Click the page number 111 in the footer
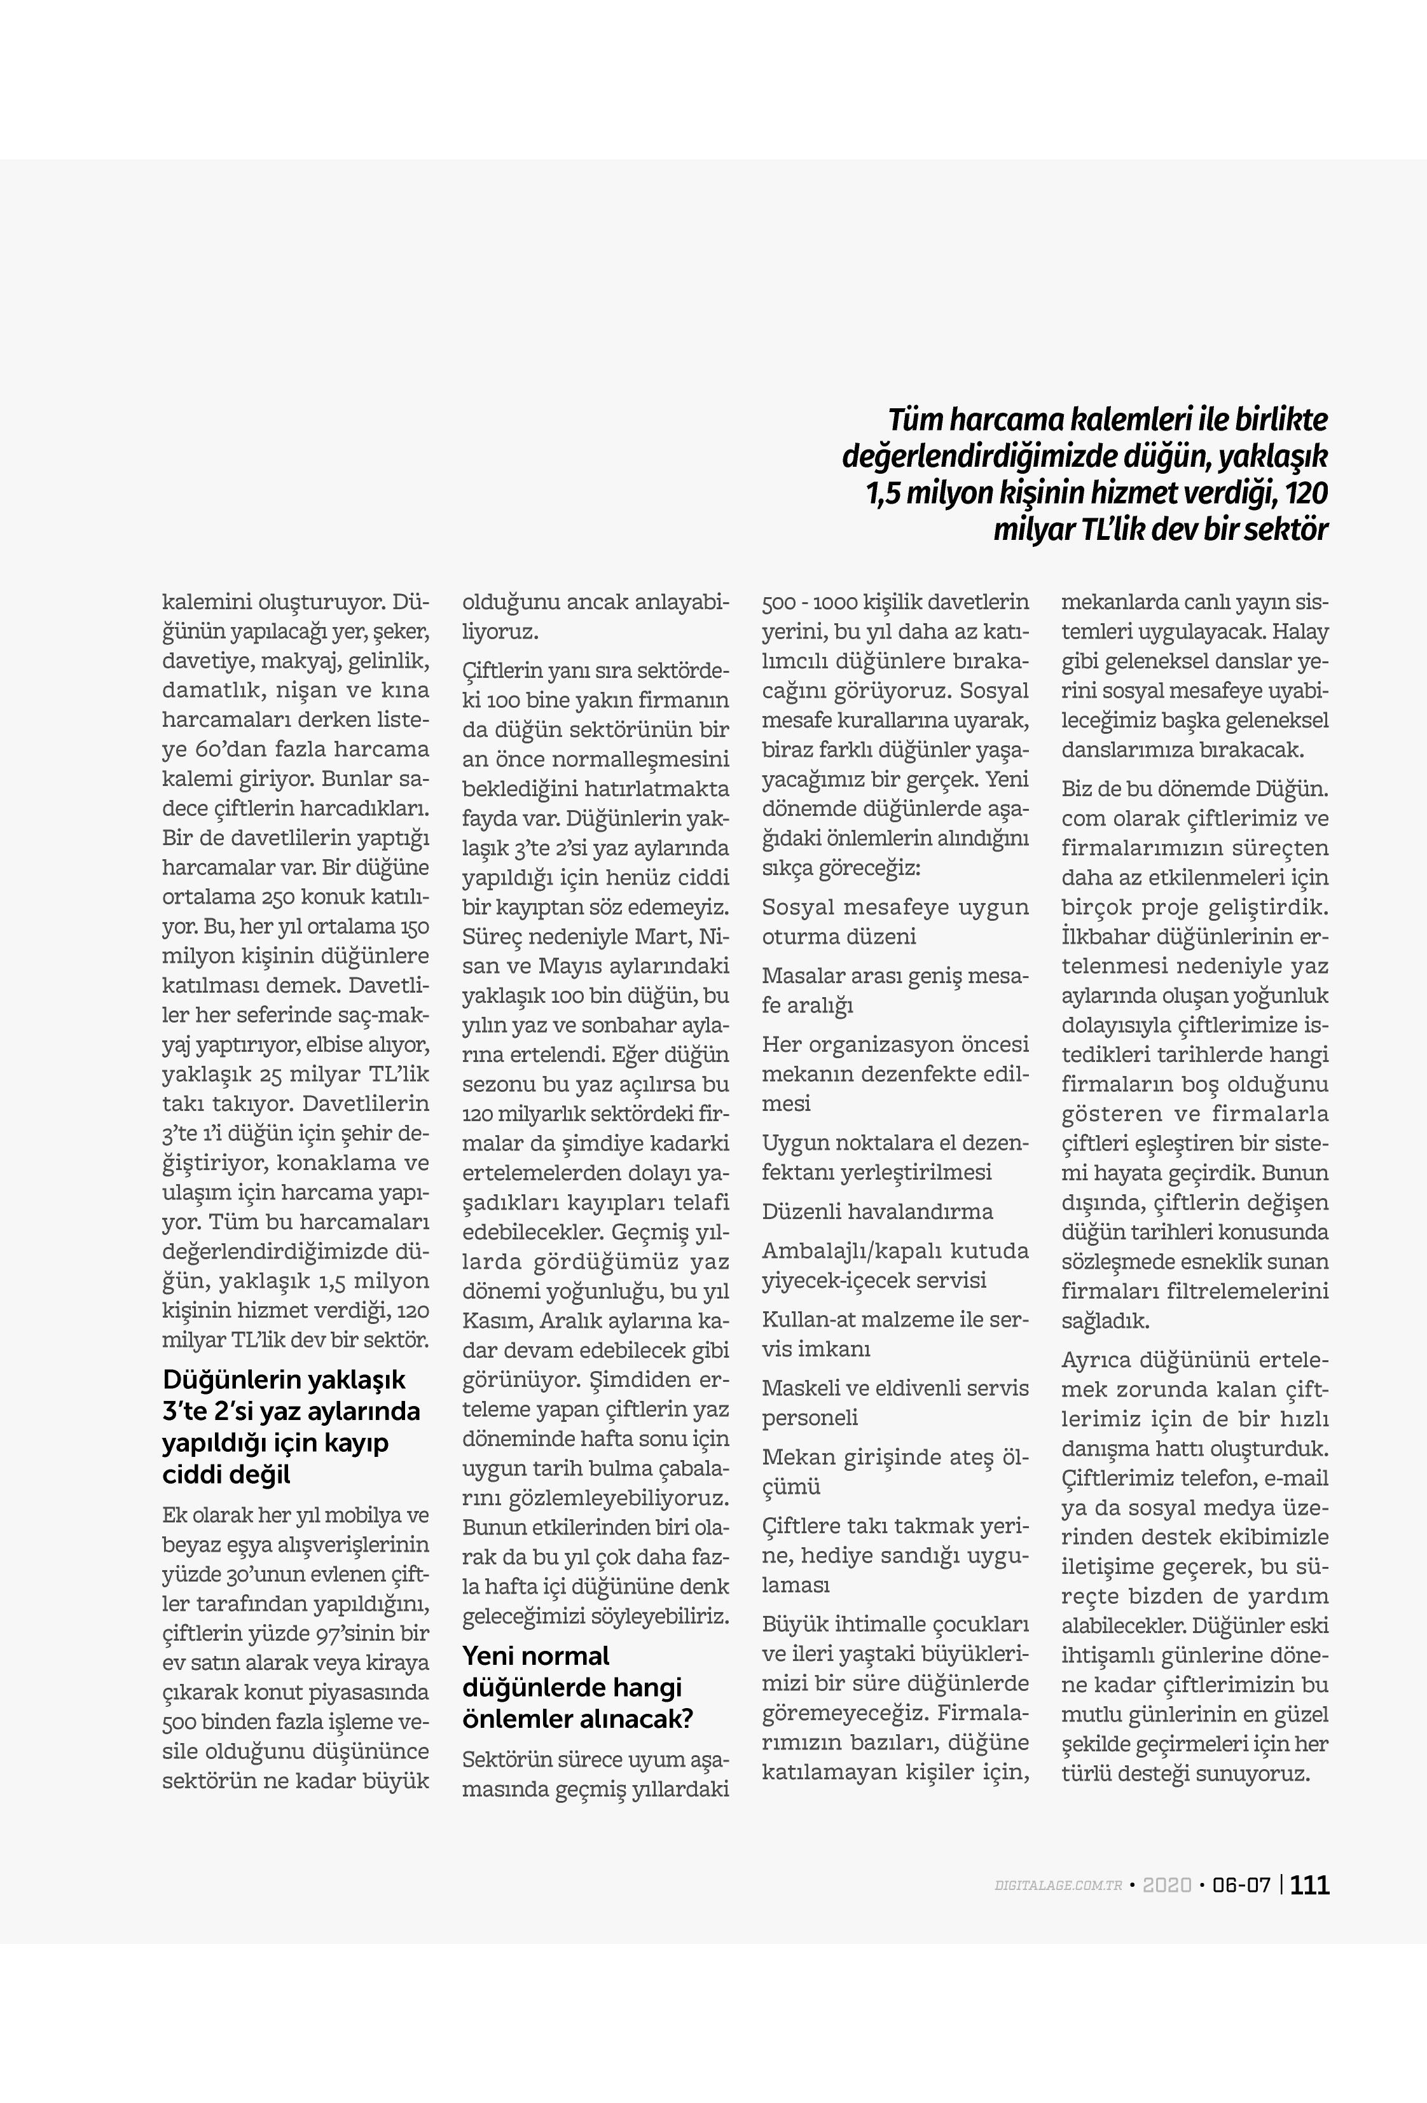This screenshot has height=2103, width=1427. click(1309, 1885)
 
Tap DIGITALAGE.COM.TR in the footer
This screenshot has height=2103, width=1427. click(1058, 1886)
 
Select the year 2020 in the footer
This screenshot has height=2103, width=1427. click(1166, 1886)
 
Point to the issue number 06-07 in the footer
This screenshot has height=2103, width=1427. click(1241, 1886)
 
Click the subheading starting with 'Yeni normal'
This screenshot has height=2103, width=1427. click(577, 1686)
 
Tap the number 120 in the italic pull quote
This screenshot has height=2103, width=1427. click(1306, 493)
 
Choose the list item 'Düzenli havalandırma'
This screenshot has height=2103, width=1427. click(877, 1211)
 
